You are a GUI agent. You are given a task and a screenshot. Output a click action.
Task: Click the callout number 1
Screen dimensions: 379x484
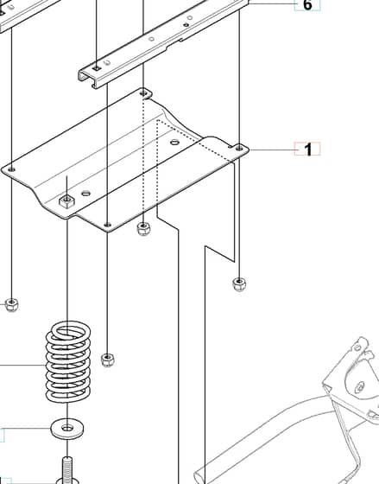308,149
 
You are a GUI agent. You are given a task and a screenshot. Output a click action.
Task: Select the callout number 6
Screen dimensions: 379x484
307,5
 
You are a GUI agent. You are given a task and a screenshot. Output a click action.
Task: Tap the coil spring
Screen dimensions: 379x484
68,361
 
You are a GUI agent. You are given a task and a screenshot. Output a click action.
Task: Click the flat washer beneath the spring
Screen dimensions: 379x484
67,429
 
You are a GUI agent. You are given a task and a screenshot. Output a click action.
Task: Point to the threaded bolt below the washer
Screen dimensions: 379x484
67,470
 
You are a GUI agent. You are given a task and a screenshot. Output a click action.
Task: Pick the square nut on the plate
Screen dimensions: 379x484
67,201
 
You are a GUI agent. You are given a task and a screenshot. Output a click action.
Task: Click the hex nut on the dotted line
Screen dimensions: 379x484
143,229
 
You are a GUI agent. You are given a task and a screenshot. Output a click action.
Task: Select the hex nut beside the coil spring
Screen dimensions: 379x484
107,360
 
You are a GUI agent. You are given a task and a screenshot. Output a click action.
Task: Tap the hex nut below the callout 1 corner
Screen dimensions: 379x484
239,284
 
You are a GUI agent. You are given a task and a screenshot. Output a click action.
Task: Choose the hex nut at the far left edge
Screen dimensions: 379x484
12,304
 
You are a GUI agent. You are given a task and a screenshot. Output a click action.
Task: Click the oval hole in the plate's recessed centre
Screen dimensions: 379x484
175,142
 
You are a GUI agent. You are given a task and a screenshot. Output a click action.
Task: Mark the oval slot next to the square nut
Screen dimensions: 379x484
86,194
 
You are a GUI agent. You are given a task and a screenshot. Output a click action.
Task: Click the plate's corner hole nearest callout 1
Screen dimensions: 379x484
239,149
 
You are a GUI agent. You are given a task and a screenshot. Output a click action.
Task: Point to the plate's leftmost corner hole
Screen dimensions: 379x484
12,169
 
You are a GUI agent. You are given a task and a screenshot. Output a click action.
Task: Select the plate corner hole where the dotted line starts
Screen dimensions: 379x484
143,93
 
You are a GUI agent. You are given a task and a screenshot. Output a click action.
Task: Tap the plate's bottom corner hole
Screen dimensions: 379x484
107,225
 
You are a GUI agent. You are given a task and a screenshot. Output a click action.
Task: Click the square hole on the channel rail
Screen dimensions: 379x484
97,68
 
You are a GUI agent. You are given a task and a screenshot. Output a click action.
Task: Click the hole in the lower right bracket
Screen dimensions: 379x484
359,387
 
